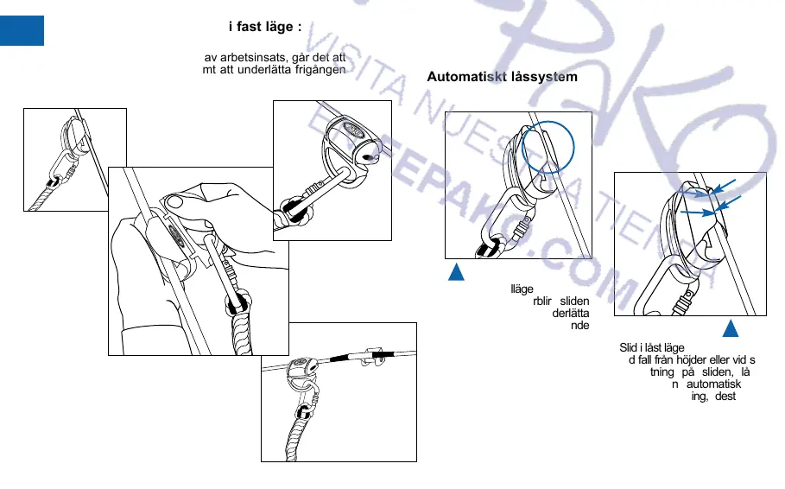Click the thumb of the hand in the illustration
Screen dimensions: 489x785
point(174,201)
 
